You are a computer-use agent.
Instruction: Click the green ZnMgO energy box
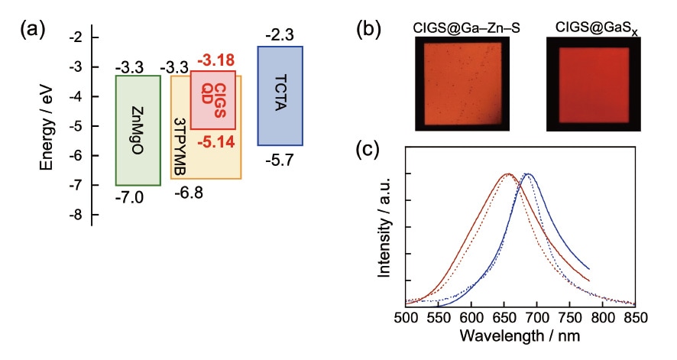[x=138, y=130]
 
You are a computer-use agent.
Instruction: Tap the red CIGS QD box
[x=213, y=99]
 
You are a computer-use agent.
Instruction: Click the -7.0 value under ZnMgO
[x=131, y=197]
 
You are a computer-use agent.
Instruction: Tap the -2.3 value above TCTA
[x=279, y=35]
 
